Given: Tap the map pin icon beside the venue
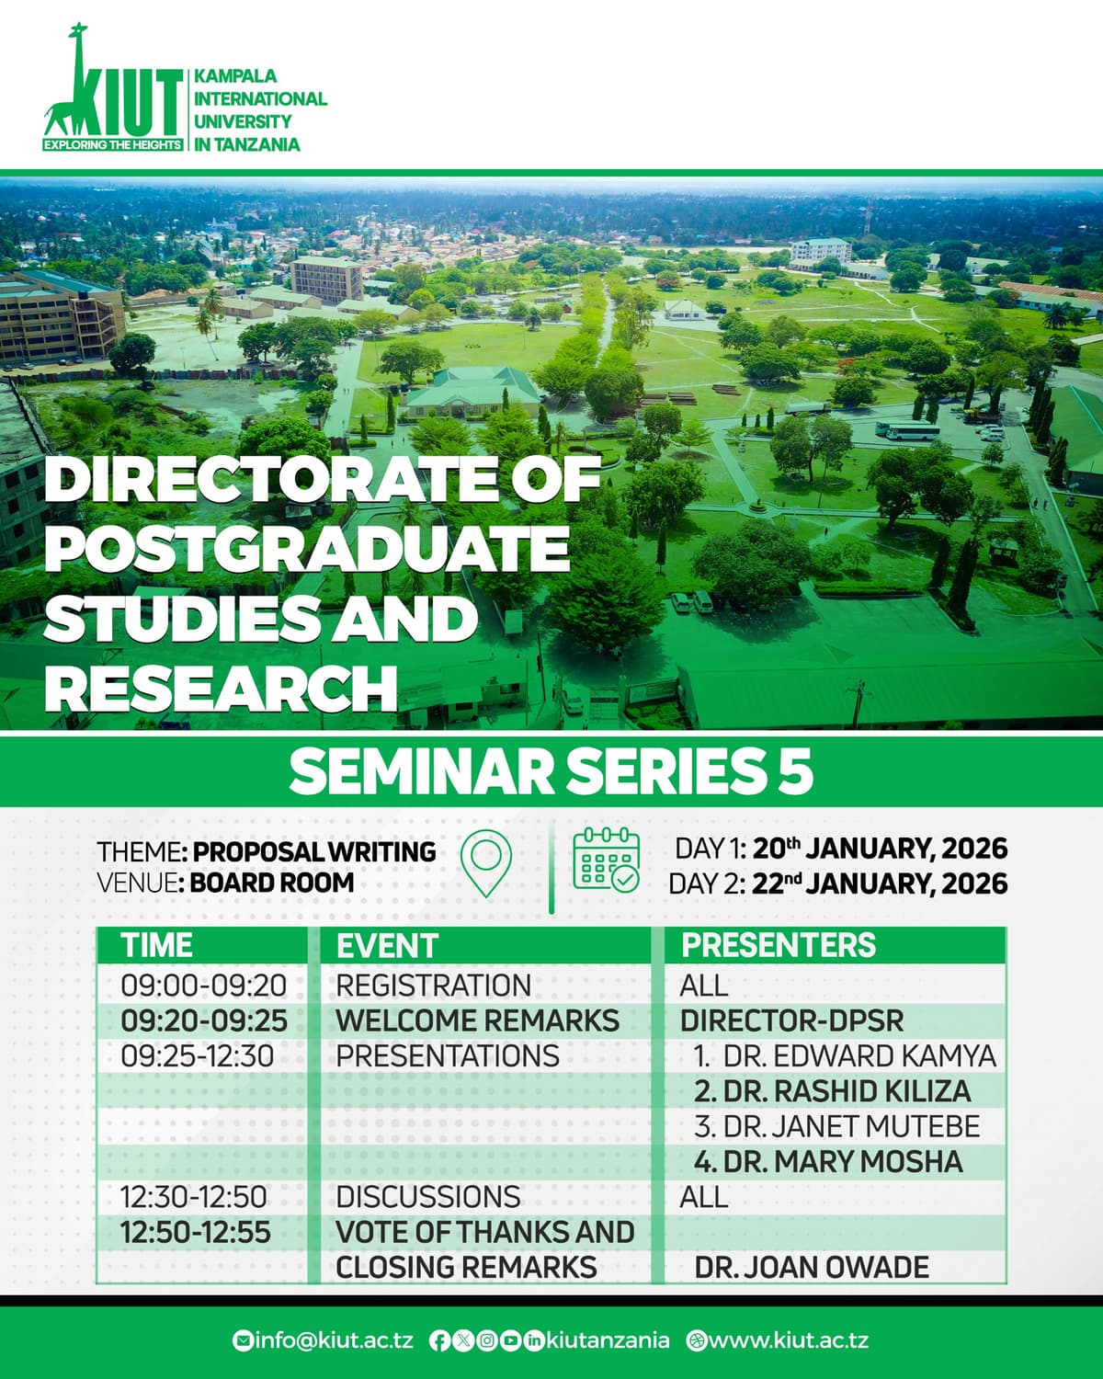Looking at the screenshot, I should coord(484,863).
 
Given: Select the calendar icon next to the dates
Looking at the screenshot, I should coord(607,860).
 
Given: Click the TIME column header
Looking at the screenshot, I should coord(157,945).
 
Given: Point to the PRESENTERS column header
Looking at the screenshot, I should coord(779,945).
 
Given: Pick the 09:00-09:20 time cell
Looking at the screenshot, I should coord(204,986).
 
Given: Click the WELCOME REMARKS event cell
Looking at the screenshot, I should coord(477,1020).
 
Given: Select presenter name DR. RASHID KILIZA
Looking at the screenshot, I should coord(833,1091).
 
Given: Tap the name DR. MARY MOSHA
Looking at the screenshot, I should coord(828,1161).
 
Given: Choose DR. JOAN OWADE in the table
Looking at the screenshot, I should coord(812,1267).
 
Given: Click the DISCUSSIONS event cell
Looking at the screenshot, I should coord(428,1197).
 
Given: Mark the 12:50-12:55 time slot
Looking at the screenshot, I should coord(196,1232).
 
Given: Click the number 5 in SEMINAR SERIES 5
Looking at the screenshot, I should coord(795,771).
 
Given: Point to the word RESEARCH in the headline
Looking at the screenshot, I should coord(221,688).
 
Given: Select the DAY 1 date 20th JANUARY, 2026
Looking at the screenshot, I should coord(880,848).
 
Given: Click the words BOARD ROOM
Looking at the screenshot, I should coord(272,883).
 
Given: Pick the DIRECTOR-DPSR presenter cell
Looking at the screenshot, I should coord(791,1020).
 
